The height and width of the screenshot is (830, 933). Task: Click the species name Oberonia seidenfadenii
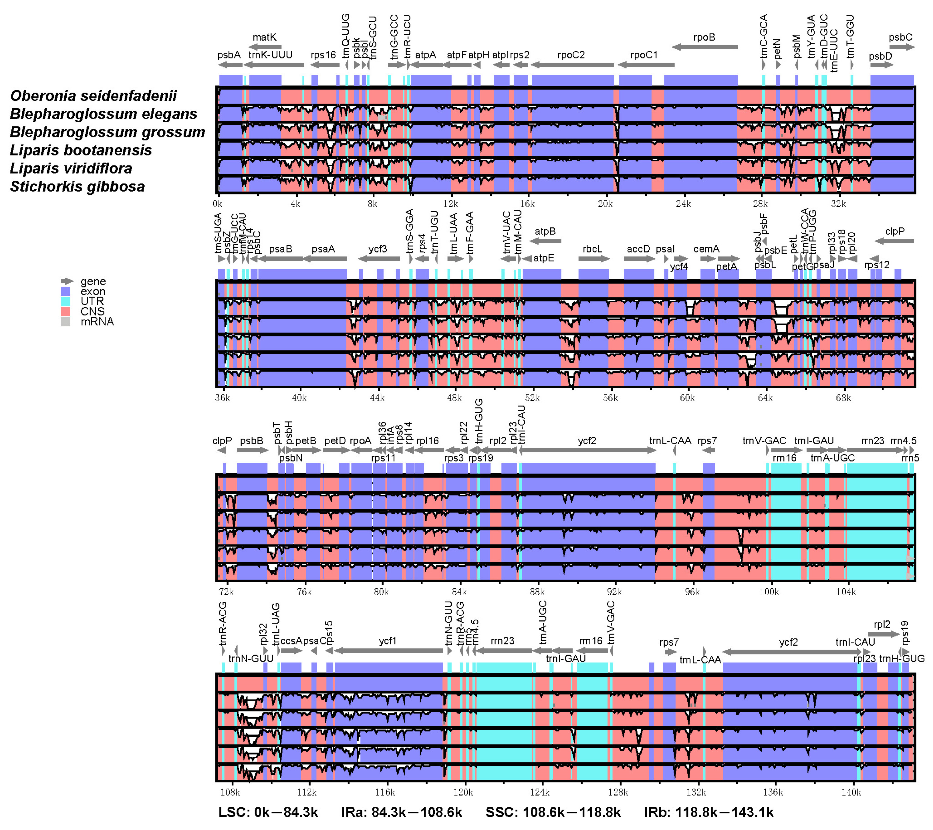[93, 96]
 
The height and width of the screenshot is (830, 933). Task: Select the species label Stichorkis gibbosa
[77, 187]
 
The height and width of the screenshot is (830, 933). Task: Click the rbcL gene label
[592, 249]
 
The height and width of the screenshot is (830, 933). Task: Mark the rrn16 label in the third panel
[784, 458]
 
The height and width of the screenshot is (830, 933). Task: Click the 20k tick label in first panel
[605, 204]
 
